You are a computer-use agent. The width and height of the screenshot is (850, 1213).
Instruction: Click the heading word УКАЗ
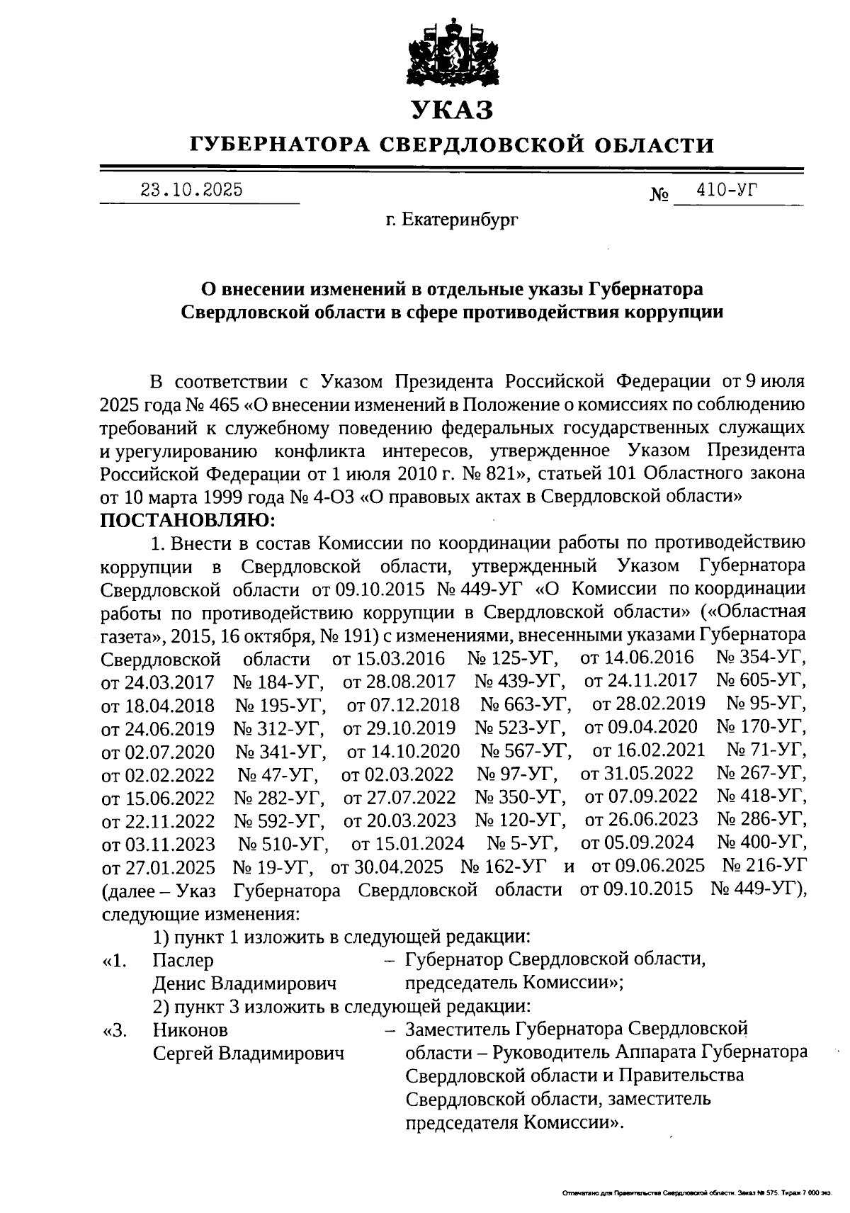(452, 111)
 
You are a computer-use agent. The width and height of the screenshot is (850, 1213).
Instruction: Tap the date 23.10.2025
(191, 190)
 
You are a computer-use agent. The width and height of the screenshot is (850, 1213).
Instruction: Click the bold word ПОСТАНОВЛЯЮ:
(188, 521)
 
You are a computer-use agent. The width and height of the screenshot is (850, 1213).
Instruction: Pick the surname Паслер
(183, 960)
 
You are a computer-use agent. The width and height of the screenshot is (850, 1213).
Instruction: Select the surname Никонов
(191, 1029)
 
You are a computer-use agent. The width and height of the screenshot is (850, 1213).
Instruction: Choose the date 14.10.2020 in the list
(403, 750)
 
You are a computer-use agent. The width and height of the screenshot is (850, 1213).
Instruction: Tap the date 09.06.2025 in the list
(648, 866)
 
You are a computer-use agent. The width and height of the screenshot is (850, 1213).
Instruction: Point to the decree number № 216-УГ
(764, 866)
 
